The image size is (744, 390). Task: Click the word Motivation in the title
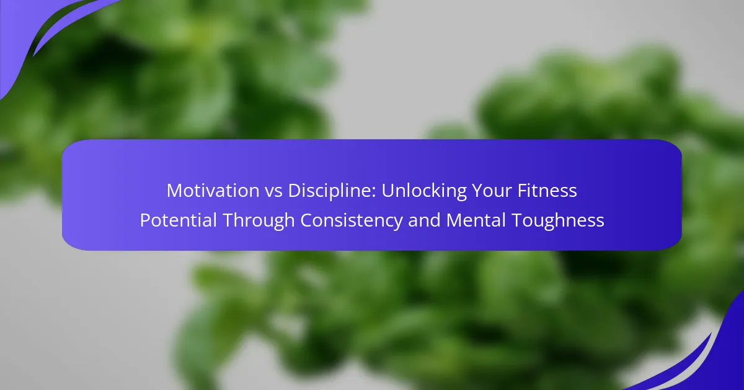click(x=213, y=191)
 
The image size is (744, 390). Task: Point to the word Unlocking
click(x=424, y=191)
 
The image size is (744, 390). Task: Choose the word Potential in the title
click(x=179, y=220)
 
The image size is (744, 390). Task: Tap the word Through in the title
click(x=259, y=221)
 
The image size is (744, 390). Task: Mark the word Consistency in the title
click(x=352, y=221)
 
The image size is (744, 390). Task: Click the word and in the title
click(x=424, y=220)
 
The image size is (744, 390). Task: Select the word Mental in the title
click(x=476, y=220)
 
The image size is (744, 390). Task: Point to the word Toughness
click(x=557, y=221)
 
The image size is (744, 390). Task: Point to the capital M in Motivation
click(x=174, y=191)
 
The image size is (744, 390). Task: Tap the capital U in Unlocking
click(x=387, y=191)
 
